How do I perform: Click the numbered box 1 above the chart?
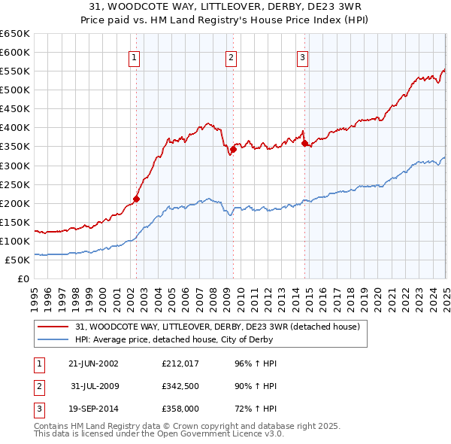pos(134,57)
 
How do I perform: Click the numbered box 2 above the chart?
pos(231,57)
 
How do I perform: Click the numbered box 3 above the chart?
pos(302,57)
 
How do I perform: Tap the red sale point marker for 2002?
pos(137,199)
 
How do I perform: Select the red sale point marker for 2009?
pos(234,149)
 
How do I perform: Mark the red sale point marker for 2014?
pos(304,144)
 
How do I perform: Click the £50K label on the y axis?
pos(17,260)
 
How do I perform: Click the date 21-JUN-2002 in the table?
pos(93,363)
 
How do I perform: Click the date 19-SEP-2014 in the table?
pos(93,411)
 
